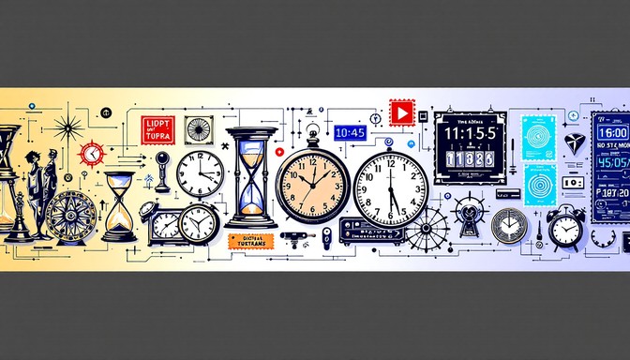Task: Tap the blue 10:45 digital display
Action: [x=349, y=133]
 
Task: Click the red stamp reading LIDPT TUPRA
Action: [x=157, y=128]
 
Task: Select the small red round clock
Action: [x=91, y=153]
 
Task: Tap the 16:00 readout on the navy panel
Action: [x=612, y=131]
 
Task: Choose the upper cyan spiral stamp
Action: [x=538, y=136]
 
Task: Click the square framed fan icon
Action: [x=199, y=129]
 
